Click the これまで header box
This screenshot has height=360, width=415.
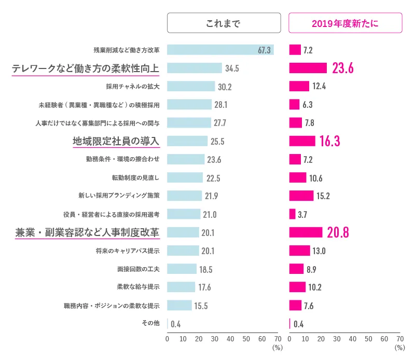click(x=224, y=23)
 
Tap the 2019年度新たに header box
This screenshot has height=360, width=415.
click(x=345, y=23)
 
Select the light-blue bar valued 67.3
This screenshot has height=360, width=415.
click(x=220, y=50)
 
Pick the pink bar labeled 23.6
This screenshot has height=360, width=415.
click(x=308, y=68)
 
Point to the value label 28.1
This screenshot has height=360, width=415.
click(x=221, y=105)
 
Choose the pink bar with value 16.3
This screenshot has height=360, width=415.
click(x=302, y=141)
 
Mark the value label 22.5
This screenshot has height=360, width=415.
click(x=213, y=178)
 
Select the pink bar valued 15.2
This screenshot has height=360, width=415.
click(x=301, y=196)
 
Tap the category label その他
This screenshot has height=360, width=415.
click(x=150, y=323)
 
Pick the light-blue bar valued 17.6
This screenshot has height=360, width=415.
click(x=181, y=287)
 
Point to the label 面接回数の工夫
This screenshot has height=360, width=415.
click(x=139, y=269)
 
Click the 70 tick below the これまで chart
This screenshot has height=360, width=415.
click(x=278, y=339)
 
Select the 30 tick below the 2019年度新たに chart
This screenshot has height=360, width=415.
click(x=337, y=339)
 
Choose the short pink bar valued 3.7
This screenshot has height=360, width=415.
click(x=292, y=214)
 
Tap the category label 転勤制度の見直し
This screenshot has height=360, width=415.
click(x=136, y=177)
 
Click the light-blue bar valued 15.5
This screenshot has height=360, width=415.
click(x=179, y=305)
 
